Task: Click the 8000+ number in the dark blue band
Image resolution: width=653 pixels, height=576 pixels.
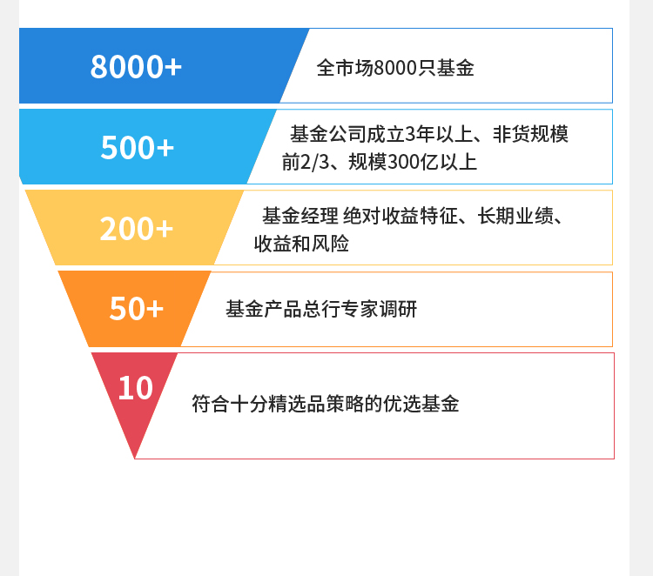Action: tap(136, 67)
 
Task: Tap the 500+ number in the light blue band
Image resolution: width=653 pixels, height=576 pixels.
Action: tap(137, 148)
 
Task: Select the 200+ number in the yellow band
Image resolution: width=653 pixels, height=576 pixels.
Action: tap(136, 229)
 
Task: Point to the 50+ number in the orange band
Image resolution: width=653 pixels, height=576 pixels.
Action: tap(136, 308)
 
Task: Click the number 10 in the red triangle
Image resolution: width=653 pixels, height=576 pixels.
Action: tap(135, 388)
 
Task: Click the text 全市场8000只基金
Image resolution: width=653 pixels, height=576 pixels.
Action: tap(395, 68)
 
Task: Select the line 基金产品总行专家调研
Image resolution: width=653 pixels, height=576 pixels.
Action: tap(321, 309)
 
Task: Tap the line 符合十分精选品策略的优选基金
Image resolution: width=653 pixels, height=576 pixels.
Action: tap(326, 404)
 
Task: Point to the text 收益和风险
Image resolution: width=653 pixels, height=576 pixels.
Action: tap(301, 244)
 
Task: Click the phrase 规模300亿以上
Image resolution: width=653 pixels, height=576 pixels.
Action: tap(413, 162)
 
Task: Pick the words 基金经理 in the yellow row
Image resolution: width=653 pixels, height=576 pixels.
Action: tap(300, 216)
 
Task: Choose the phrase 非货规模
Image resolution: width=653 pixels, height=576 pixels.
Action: tap(530, 134)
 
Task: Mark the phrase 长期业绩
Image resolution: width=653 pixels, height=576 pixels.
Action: tap(515, 216)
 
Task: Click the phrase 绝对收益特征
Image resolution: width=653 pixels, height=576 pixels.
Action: tap(401, 216)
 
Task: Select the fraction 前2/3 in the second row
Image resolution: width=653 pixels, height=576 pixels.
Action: tap(306, 162)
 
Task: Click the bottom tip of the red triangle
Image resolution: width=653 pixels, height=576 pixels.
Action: tap(135, 459)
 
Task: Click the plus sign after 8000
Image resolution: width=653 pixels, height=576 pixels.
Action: tap(173, 67)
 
